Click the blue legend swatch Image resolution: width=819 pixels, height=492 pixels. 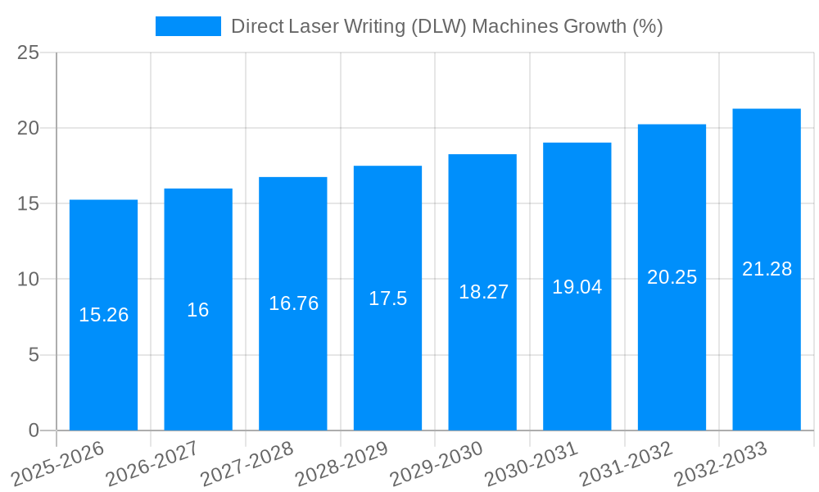188,26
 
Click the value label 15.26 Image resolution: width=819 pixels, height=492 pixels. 103,315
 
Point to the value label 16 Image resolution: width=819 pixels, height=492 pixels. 198,310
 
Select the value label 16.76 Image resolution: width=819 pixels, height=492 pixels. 293,303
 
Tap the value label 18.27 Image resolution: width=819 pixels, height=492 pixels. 483,292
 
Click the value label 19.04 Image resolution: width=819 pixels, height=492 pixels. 577,287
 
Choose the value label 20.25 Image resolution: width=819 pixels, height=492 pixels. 672,277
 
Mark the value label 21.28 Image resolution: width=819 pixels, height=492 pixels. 767,269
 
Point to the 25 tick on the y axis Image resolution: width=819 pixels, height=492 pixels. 28,52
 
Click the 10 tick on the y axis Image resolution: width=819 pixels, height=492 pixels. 28,280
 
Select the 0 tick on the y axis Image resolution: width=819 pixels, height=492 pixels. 33,430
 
